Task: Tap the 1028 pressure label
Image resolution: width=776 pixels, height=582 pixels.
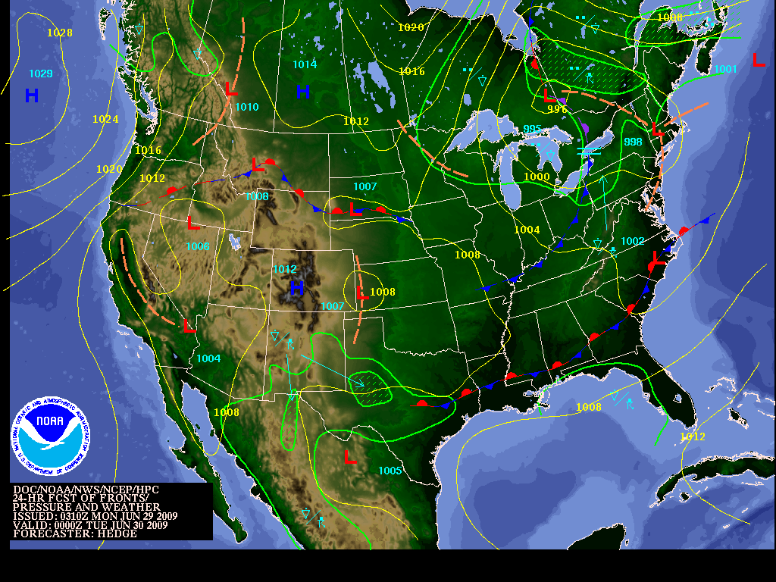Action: point(60,33)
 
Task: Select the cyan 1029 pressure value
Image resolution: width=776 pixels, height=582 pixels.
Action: point(41,74)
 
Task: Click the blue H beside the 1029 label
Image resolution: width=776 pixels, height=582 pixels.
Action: point(32,95)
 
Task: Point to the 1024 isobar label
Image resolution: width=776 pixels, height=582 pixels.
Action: point(105,119)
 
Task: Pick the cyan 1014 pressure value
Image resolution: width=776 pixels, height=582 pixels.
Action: point(305,64)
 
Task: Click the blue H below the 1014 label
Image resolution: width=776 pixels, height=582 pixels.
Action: point(302,92)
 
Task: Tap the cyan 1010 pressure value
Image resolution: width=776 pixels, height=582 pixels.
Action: point(247,107)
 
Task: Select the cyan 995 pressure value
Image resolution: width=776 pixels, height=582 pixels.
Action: point(533,129)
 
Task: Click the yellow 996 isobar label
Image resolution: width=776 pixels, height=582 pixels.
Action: point(557,109)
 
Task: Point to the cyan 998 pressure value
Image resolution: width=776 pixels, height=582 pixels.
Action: point(633,142)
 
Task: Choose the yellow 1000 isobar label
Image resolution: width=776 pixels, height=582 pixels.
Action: point(537,177)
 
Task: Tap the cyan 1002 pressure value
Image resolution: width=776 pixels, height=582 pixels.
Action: point(632,241)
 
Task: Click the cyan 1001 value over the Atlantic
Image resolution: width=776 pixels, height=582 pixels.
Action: point(725,69)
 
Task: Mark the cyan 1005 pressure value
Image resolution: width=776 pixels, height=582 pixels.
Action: point(390,471)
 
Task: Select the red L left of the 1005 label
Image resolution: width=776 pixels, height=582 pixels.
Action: point(350,457)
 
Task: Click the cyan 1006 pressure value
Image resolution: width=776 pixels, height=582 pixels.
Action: point(198,246)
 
